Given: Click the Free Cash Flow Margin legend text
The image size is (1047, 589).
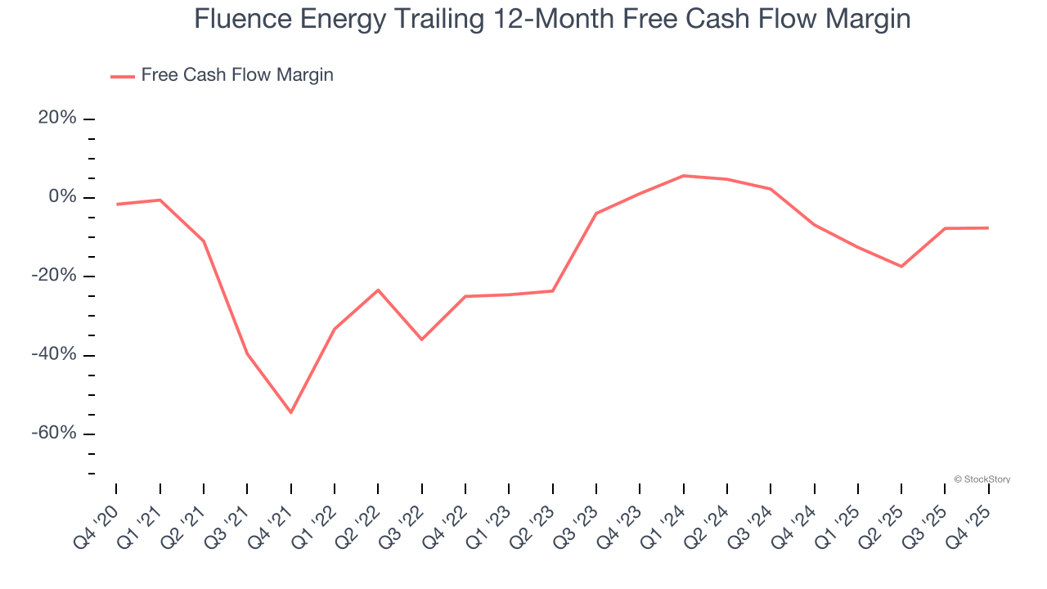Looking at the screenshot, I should tap(237, 75).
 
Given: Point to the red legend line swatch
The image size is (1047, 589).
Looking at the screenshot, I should tap(123, 76).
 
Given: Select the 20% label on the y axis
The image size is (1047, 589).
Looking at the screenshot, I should tap(57, 119).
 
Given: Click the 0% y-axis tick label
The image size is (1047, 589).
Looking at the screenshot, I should tap(62, 197).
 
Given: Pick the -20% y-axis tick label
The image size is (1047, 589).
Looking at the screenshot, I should tap(55, 276).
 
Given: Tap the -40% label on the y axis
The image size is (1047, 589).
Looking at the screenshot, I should tap(55, 354).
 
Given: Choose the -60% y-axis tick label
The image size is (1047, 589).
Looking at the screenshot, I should tap(55, 433).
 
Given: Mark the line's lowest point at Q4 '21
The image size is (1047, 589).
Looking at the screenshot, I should tap(290, 412).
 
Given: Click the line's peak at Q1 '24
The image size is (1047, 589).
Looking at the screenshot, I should tap(683, 176).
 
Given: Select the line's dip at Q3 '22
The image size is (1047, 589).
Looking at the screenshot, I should tap(421, 339).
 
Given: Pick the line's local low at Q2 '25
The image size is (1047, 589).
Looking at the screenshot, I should tap(901, 267).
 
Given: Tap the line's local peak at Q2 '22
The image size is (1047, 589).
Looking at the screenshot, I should tap(378, 290).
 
